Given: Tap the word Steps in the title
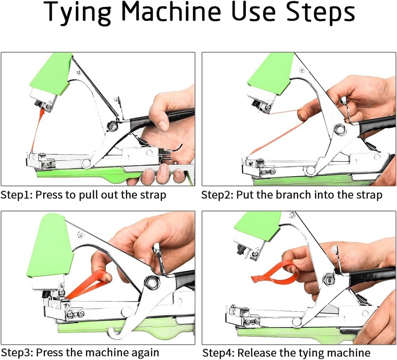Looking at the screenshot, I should [x=321, y=12].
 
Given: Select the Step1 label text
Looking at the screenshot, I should [x=16, y=195].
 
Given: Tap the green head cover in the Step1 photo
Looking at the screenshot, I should [x=52, y=74].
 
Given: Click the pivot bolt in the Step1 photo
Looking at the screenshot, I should [x=113, y=126].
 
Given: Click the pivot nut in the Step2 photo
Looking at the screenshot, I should [x=340, y=130].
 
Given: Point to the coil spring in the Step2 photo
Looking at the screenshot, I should [x=371, y=146].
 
